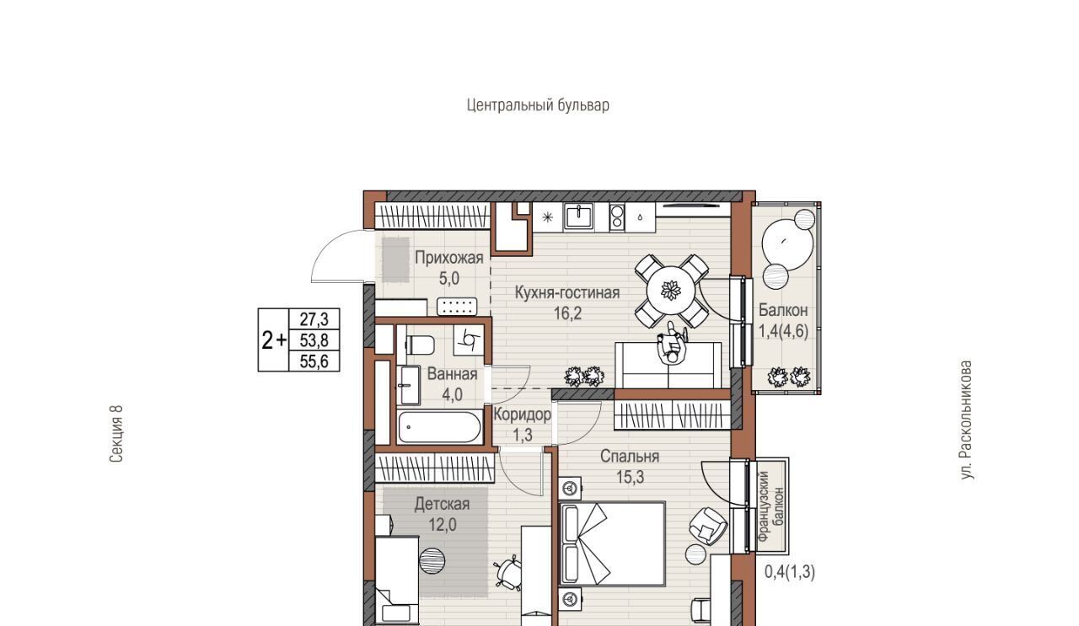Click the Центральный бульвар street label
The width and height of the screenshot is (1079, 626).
[538, 105]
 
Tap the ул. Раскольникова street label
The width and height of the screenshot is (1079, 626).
[966, 420]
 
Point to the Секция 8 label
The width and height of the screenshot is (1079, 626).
[116, 434]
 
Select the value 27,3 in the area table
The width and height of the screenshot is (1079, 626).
[314, 318]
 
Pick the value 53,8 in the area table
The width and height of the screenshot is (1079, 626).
[314, 340]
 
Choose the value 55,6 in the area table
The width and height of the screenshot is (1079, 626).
[314, 361]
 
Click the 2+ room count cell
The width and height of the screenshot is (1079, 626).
[274, 340]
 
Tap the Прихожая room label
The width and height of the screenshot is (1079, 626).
[449, 258]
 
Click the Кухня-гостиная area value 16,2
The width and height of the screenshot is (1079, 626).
[567, 313]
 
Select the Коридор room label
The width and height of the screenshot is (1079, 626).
[522, 415]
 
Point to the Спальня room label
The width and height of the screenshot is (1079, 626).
[630, 456]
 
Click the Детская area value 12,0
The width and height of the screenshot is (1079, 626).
[443, 524]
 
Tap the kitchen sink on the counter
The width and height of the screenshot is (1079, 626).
[579, 217]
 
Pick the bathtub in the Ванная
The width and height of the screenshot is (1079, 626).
[439, 426]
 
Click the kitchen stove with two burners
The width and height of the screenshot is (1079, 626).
[617, 217]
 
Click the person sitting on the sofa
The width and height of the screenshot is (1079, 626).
[672, 346]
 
